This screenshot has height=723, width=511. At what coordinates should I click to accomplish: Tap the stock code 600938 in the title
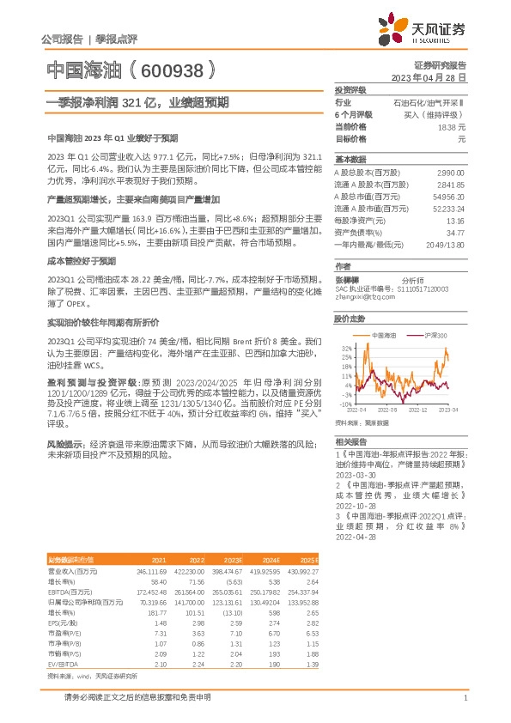[x=170, y=69]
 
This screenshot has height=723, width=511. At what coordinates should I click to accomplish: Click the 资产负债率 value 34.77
[x=454, y=233]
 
